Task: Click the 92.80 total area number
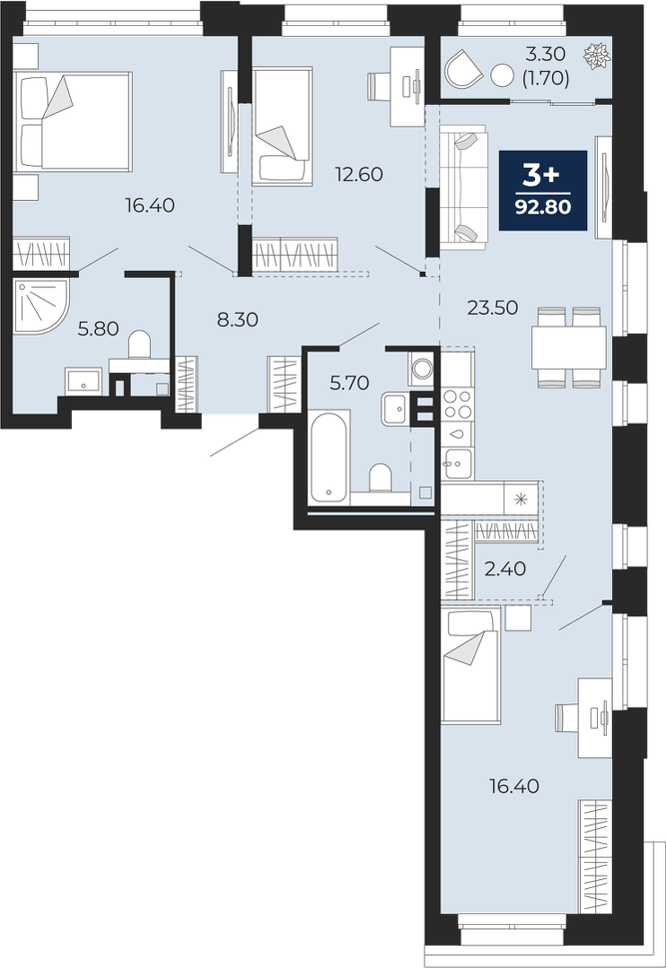coord(543,206)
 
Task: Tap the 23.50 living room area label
coord(493,307)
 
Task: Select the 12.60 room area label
coord(359,175)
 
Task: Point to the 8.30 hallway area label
coord(238,319)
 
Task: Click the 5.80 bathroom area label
coord(98,328)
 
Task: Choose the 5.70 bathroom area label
coord(350,383)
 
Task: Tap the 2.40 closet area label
coord(505,569)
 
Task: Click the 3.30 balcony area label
coord(546,55)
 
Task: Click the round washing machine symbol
coord(423,370)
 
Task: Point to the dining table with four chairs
coord(569,347)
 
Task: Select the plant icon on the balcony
coord(597,55)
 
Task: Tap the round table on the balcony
coord(502,76)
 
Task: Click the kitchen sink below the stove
coord(457,463)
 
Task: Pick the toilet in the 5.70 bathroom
coord(380,478)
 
